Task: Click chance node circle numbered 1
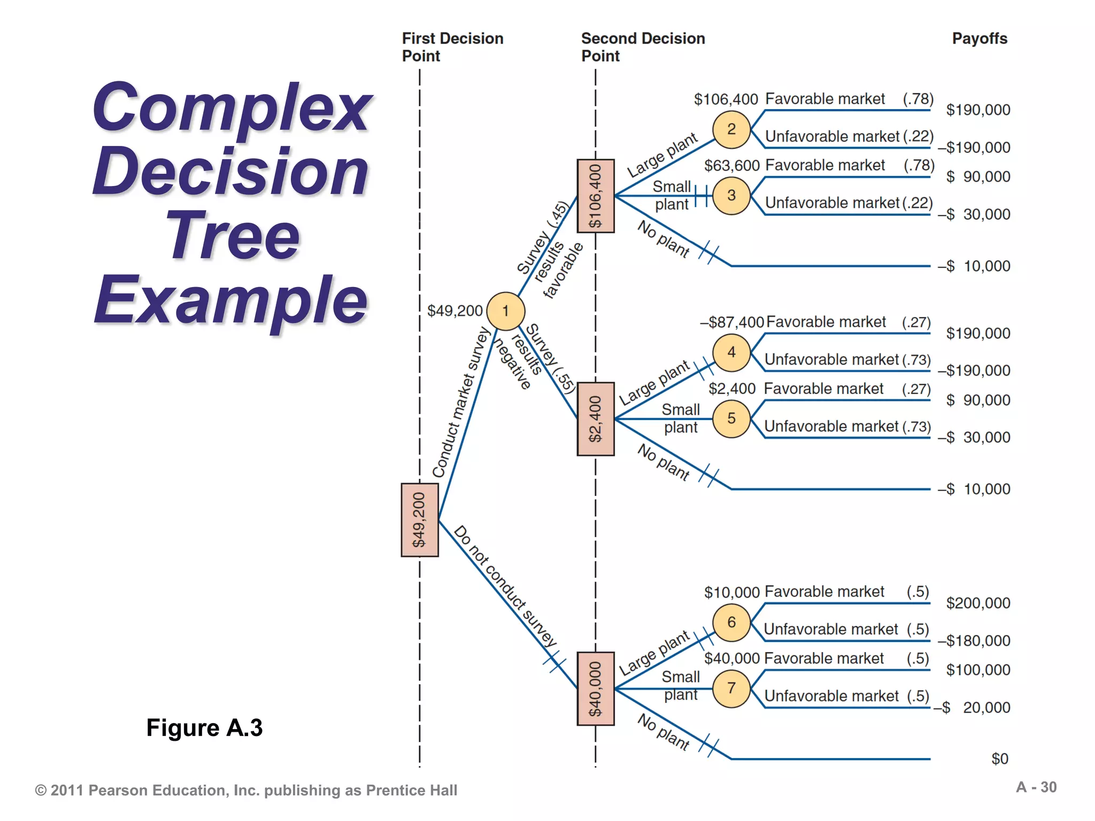click(x=505, y=311)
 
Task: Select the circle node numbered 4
click(x=731, y=352)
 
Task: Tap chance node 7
click(x=731, y=688)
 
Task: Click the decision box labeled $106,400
click(x=596, y=196)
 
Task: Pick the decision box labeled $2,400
click(x=596, y=419)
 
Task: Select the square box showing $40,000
click(x=596, y=688)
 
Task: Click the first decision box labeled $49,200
click(x=420, y=520)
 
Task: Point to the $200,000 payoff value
click(x=978, y=603)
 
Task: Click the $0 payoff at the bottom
click(x=999, y=758)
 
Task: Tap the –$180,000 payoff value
click(x=974, y=640)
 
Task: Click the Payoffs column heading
click(x=980, y=38)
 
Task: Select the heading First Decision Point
click(x=452, y=47)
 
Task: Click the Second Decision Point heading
click(x=643, y=47)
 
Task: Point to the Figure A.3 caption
click(x=204, y=727)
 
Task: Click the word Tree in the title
click(x=233, y=236)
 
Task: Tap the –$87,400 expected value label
click(x=732, y=322)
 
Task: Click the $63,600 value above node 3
click(x=731, y=166)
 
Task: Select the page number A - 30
click(x=1036, y=787)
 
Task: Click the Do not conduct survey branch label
click(x=505, y=586)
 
